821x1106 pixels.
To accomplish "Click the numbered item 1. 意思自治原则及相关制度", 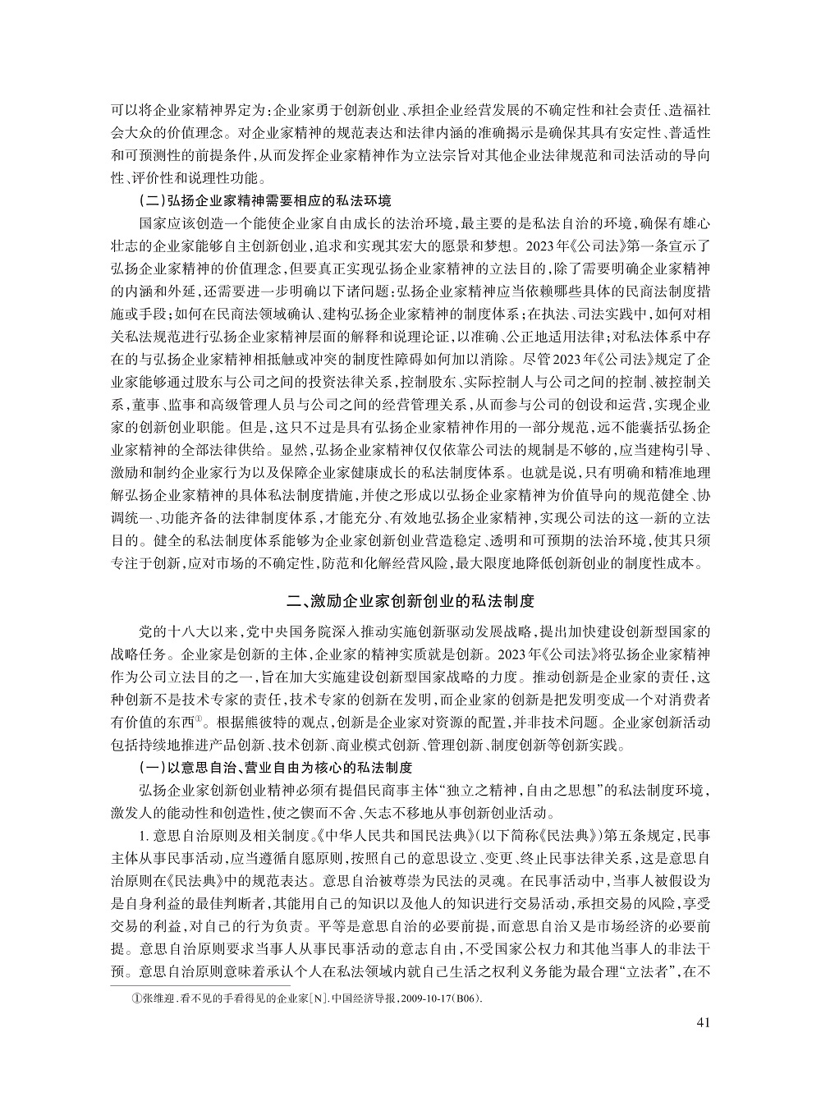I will [x=218, y=836].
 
